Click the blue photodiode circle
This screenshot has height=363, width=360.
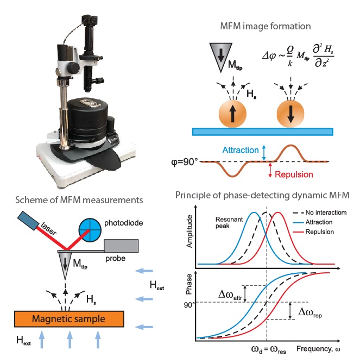coord(90,230)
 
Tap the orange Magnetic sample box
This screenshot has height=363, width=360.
coord(69,319)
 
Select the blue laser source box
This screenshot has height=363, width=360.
coord(28,221)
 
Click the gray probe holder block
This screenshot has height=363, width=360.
coord(121,246)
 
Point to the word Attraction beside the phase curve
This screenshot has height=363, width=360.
coord(241,150)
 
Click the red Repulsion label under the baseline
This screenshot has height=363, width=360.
coord(294,174)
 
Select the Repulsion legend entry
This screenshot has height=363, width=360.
coord(313,231)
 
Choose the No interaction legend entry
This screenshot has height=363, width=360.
coord(320,212)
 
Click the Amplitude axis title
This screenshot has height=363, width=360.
coord(190,231)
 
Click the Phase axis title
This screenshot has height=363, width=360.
coord(189,284)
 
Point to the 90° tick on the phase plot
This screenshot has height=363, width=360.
coord(190,305)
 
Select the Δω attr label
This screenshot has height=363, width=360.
coord(230,295)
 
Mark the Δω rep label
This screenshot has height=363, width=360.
coord(310,313)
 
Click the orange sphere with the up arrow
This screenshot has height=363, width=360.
coord(232,114)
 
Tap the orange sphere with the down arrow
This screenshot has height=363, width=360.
coord(290,114)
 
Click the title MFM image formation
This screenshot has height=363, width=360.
coord(266,26)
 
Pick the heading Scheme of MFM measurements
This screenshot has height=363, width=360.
coord(79,200)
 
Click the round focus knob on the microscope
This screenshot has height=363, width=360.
coord(73,67)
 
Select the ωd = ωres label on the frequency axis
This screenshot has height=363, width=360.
coord(269,349)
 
